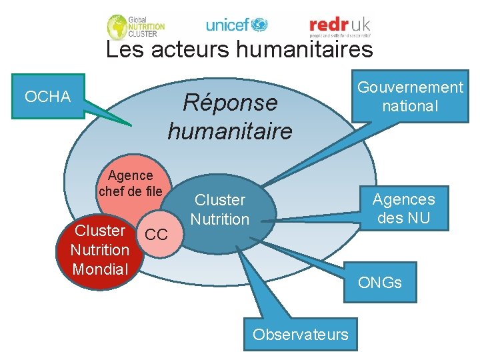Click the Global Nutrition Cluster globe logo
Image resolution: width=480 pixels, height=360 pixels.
(x=119, y=27)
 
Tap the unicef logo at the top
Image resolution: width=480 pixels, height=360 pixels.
(x=237, y=25)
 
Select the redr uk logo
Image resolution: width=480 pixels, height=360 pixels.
(x=339, y=25)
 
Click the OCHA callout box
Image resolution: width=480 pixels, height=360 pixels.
(x=47, y=97)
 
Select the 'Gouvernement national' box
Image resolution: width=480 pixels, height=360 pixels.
(x=410, y=97)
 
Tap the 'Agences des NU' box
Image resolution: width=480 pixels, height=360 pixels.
(x=403, y=208)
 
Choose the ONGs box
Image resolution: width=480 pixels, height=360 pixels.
(x=380, y=282)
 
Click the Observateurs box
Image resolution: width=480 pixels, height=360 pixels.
(x=300, y=334)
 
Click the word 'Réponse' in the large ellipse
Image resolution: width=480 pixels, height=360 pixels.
(x=229, y=103)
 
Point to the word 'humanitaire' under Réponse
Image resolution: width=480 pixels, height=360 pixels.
(x=229, y=131)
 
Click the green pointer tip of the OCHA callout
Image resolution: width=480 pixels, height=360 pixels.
(x=129, y=125)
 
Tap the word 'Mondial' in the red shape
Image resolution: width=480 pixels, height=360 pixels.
(x=100, y=269)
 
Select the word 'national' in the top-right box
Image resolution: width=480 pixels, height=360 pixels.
(x=410, y=106)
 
